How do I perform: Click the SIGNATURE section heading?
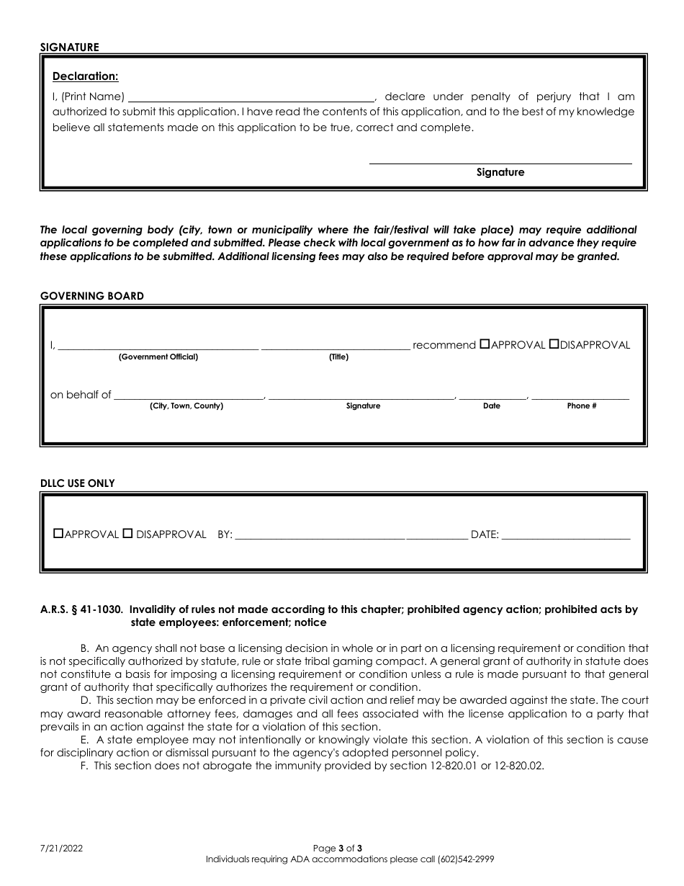(69, 47)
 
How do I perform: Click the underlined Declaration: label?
(86, 76)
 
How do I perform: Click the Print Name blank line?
(251, 97)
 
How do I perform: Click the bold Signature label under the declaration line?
(500, 172)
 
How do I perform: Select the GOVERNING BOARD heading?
(91, 296)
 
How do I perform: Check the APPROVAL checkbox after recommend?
(485, 344)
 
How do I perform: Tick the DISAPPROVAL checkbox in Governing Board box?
(554, 344)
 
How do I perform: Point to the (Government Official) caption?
(158, 357)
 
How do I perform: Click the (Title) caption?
(338, 357)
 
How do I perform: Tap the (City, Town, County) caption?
(186, 406)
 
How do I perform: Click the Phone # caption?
(581, 406)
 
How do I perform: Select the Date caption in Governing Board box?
(492, 406)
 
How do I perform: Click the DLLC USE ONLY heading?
(77, 483)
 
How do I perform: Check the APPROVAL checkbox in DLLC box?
(59, 534)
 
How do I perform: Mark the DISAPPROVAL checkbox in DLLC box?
(127, 534)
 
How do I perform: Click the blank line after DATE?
(565, 535)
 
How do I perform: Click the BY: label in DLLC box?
(225, 535)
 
